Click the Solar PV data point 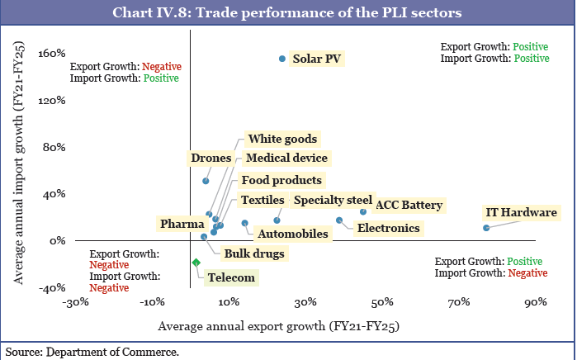pos(282,59)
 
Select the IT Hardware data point pos(486,228)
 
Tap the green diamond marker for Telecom pos(196,263)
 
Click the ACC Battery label pos(409,206)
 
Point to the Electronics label pos(388,228)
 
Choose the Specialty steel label pos(333,200)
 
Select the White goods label pos(283,140)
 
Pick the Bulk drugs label pos(254,253)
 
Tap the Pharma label pos(182,224)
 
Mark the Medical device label pos(286,158)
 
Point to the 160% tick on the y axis pos(53,54)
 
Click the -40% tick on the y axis pos(53,287)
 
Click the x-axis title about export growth pos(278,326)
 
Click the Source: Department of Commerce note pos(92,352)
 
